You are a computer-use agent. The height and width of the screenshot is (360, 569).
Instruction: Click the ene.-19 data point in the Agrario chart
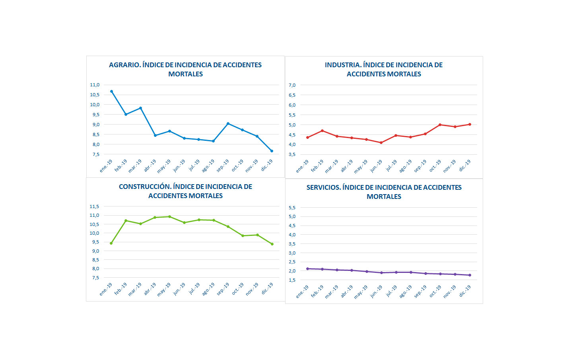(x=111, y=91)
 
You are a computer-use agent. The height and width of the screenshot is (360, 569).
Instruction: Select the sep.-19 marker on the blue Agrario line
(x=228, y=124)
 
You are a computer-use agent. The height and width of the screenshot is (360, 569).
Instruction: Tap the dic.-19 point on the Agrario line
(x=272, y=151)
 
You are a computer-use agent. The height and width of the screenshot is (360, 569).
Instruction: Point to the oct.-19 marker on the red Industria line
(x=440, y=125)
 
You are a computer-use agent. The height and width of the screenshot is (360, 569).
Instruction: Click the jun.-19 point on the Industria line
(x=381, y=142)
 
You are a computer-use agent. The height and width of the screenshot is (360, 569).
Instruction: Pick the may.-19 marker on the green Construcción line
(x=169, y=217)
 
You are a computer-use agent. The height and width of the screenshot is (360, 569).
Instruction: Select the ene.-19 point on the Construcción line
(x=111, y=243)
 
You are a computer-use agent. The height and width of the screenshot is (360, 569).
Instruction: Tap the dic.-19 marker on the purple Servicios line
(x=470, y=275)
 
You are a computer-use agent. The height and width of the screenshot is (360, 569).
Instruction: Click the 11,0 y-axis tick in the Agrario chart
(x=95, y=85)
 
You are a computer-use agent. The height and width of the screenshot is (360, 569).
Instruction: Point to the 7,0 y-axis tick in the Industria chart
(x=292, y=85)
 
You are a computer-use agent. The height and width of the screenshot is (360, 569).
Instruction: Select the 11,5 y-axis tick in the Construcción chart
(x=94, y=206)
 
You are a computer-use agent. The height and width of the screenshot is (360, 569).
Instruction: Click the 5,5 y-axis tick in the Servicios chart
(x=292, y=208)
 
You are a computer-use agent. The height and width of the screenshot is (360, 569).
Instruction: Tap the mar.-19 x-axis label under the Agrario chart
(x=135, y=166)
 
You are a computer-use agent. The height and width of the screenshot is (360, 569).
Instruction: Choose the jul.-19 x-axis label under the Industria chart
(x=391, y=165)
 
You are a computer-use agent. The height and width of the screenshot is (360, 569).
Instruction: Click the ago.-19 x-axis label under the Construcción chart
(x=208, y=289)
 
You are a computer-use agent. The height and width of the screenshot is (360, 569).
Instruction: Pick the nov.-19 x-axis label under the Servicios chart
(x=449, y=292)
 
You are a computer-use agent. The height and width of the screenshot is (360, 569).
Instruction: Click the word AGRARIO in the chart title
(x=124, y=65)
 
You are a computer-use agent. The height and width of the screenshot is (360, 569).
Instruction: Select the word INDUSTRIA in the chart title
(x=342, y=65)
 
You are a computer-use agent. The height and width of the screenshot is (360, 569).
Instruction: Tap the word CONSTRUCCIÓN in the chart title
(x=145, y=187)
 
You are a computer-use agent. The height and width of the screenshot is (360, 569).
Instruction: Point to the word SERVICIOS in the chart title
(x=323, y=187)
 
